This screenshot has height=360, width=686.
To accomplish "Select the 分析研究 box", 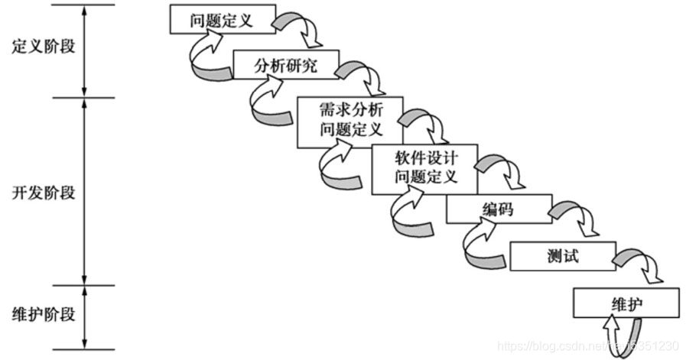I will point(285,66).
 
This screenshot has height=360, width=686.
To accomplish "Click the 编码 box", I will point(498,209).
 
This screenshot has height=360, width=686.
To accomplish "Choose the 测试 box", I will point(563,255).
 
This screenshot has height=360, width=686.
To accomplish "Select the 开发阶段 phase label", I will point(44,193).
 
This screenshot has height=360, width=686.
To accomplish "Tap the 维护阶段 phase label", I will point(44,315).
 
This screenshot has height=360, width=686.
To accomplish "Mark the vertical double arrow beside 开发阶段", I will point(84,191).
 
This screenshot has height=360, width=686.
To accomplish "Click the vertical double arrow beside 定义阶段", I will point(84,50).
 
